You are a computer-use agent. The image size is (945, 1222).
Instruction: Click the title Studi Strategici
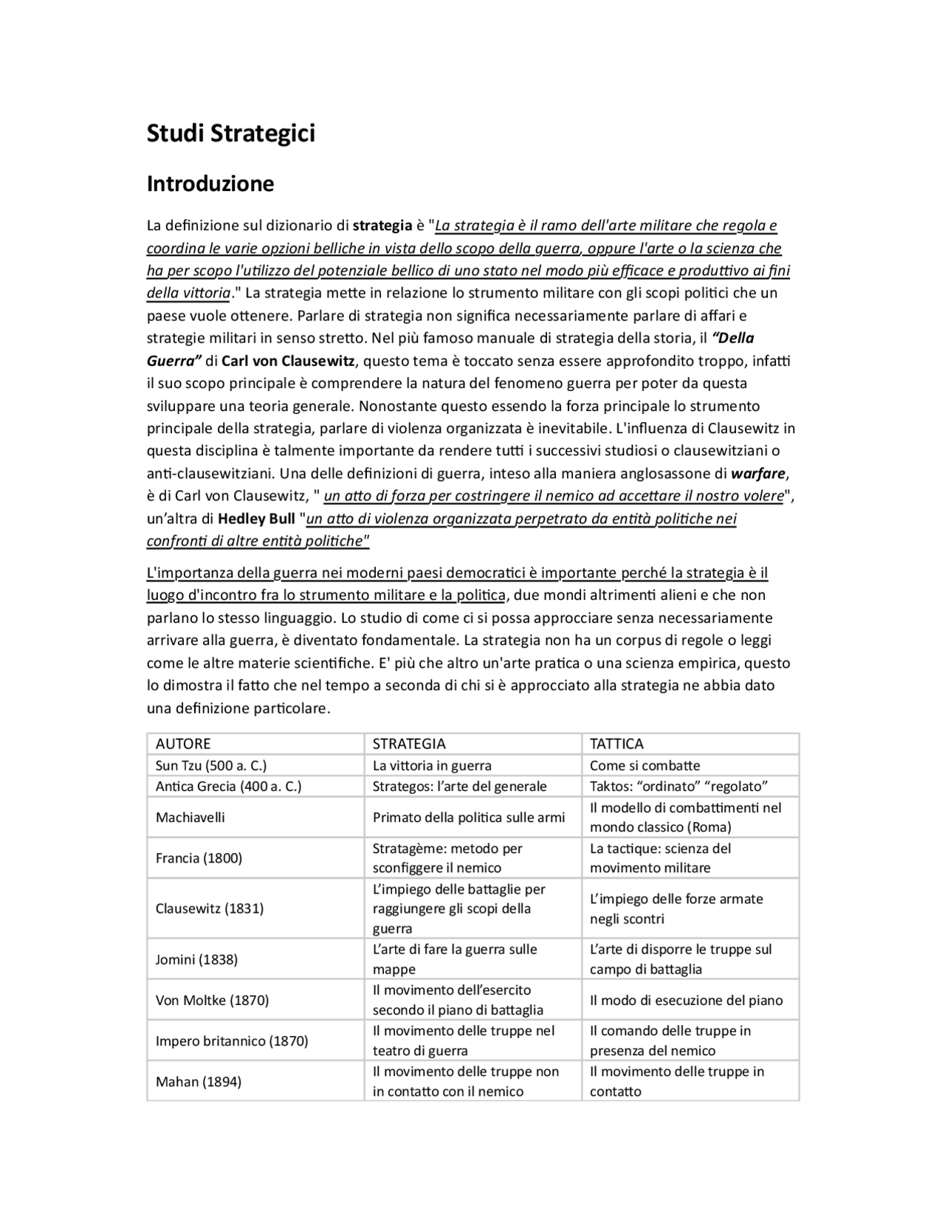point(230,134)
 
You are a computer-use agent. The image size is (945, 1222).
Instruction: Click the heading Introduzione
point(210,184)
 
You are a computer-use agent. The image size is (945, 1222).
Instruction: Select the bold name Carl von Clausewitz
point(289,361)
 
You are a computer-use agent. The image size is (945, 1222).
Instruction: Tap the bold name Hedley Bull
point(256,519)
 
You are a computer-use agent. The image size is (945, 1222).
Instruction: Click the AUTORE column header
point(183,744)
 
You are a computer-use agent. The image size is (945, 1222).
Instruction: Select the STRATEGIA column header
point(409,744)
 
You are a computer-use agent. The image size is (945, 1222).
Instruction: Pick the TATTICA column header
point(616,744)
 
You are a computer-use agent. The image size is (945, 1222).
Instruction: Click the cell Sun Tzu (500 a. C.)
point(211,765)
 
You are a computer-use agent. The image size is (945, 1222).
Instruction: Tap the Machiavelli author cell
point(190,817)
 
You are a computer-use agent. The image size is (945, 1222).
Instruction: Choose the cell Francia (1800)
point(199,857)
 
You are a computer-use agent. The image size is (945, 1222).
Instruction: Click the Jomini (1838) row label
point(196,959)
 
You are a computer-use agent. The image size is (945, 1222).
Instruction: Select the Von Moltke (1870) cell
point(212,1001)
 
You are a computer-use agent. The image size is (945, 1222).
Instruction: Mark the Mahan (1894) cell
point(198,1082)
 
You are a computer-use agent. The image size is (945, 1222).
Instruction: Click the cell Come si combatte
point(645,765)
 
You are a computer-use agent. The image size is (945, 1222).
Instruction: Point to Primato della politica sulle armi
point(469,817)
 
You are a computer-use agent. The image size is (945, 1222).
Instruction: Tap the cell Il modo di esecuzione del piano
point(686,1001)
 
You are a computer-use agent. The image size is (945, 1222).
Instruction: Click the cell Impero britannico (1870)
point(232,1041)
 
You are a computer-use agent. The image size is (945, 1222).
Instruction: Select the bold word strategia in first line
point(382,226)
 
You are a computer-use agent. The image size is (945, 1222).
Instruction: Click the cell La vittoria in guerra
point(432,765)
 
